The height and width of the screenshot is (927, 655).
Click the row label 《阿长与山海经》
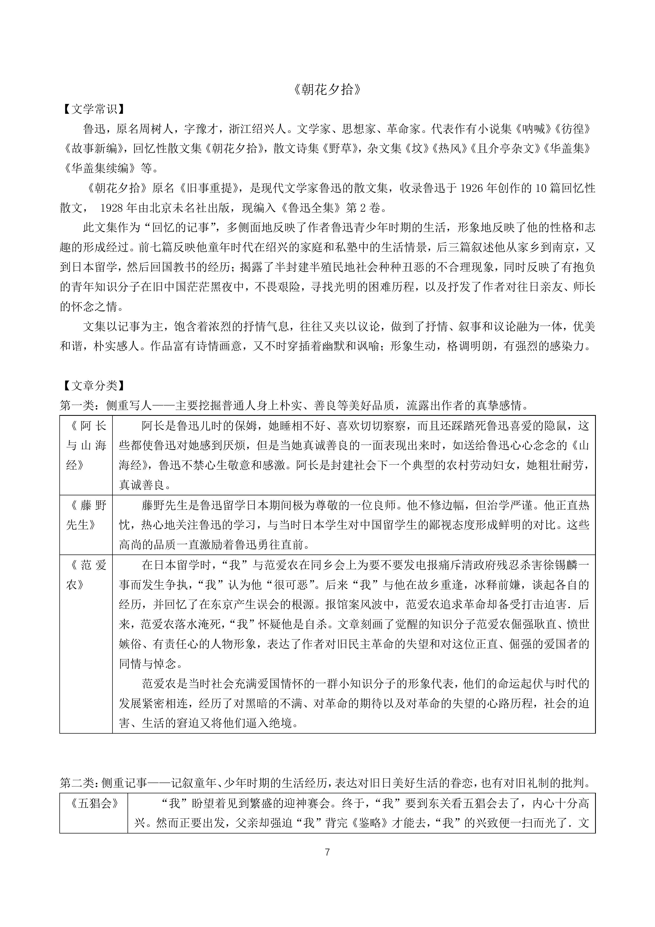tap(86, 445)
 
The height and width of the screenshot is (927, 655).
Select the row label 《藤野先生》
tap(86, 515)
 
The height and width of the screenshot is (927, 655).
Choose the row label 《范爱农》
tap(86, 575)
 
